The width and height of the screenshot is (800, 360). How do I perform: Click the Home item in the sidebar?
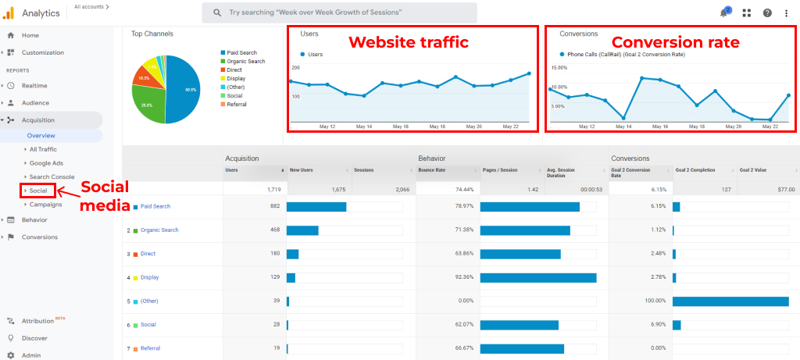click(x=30, y=35)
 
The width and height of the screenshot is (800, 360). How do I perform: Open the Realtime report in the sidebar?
click(x=34, y=85)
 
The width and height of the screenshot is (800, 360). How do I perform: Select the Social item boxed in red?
click(x=38, y=191)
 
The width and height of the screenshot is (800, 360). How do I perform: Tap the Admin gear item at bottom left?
click(x=30, y=355)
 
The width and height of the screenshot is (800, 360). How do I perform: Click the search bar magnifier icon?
click(x=216, y=12)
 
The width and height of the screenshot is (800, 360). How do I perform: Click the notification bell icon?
click(x=723, y=13)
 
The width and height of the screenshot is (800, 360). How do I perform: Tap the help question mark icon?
click(x=767, y=13)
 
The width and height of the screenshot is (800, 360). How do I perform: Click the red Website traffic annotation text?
click(x=408, y=42)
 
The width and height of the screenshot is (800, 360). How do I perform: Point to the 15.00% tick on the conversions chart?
click(x=559, y=68)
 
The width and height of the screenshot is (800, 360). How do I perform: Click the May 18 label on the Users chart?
click(x=437, y=126)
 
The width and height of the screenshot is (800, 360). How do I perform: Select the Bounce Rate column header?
click(x=433, y=169)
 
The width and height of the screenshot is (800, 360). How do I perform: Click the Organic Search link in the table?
click(x=159, y=230)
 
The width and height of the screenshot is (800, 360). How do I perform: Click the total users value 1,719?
click(x=273, y=189)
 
